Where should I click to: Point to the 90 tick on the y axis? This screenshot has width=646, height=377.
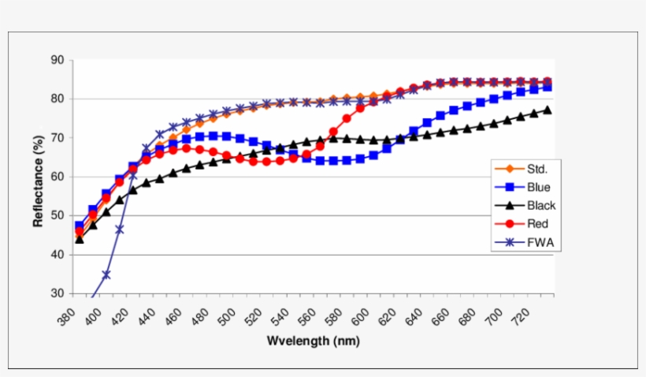tap(58, 60)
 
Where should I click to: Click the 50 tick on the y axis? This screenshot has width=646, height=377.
tap(58, 215)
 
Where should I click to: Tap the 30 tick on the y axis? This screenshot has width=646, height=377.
tap(58, 293)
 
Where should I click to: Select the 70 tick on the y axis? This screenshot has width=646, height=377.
tap(58, 138)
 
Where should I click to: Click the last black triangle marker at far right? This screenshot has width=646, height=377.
tap(548, 110)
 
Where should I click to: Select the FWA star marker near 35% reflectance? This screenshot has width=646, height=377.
tap(106, 274)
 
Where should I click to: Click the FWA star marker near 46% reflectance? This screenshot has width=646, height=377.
tap(120, 230)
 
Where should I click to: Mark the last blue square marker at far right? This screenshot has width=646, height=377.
tap(548, 87)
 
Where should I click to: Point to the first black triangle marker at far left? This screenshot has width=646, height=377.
tap(80, 238)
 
